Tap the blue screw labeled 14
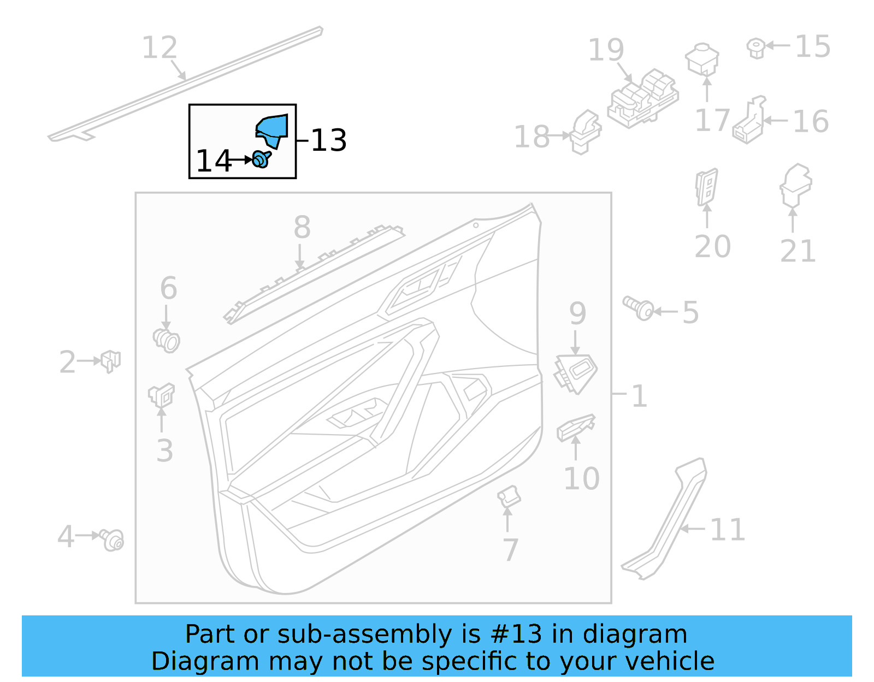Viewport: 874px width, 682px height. [x=262, y=159]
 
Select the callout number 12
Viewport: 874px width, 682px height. [x=160, y=48]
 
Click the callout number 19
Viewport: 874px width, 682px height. [x=606, y=50]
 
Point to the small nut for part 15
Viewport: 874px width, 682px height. [x=756, y=48]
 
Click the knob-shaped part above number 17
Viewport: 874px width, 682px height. [x=702, y=59]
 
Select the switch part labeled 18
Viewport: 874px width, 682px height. [x=585, y=132]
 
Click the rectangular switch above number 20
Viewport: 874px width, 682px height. [x=706, y=186]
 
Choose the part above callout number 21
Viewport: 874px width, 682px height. [x=795, y=185]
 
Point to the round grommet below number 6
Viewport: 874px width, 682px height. [x=167, y=340]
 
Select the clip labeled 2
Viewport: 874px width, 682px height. [x=111, y=360]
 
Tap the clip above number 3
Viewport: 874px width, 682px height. [x=162, y=395]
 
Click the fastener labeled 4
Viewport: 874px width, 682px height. [x=112, y=539]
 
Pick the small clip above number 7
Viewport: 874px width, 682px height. [x=509, y=496]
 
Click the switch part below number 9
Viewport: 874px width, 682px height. [x=576, y=373]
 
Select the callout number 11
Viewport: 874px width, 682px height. [x=727, y=530]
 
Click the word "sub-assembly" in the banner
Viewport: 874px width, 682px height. [x=364, y=634]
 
